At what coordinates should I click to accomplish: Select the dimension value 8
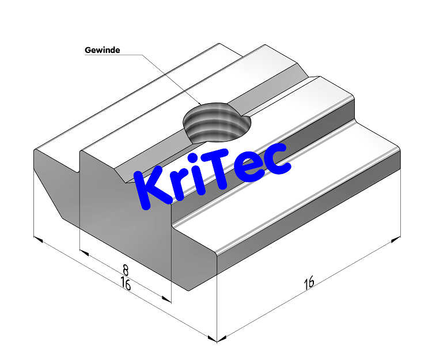click(x=125, y=270)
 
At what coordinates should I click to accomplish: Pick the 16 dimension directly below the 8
click(x=125, y=283)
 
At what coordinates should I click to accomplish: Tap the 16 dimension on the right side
click(x=309, y=282)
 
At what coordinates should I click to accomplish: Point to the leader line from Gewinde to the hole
click(x=167, y=75)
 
